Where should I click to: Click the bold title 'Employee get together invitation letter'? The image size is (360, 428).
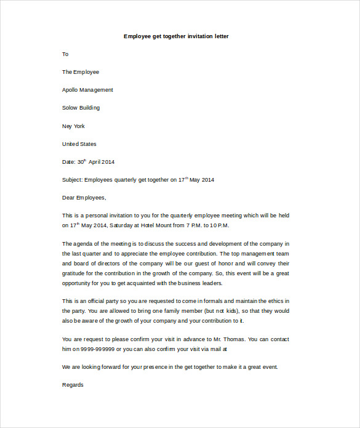[176, 36]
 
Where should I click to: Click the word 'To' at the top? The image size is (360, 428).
[65, 54]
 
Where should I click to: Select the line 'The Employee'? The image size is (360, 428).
[81, 72]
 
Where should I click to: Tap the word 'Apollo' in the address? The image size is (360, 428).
[71, 90]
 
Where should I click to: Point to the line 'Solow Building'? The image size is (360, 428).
[81, 108]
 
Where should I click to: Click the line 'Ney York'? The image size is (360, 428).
[73, 126]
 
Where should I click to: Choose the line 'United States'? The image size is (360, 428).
[79, 144]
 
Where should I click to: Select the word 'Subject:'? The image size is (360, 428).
[72, 180]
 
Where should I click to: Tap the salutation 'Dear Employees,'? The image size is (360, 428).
[84, 198]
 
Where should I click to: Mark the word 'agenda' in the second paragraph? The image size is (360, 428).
[84, 244]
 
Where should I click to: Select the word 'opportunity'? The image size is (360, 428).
[77, 283]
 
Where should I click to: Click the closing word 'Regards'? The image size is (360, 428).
[73, 385]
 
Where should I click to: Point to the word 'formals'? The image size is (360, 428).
[214, 301]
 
